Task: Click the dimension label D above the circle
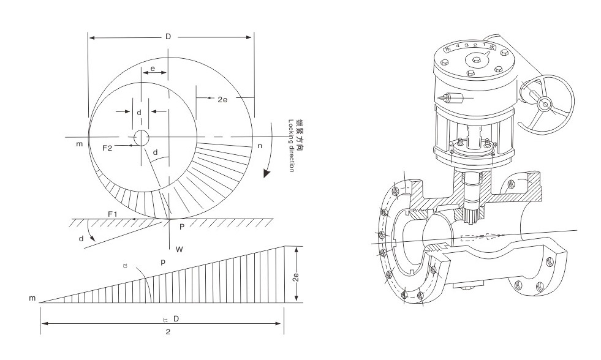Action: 168,37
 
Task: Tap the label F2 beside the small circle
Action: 107,148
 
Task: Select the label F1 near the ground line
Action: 112,214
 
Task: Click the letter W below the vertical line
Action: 180,249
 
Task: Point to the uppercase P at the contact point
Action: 182,227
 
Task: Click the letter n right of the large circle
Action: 260,146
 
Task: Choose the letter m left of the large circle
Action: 80,144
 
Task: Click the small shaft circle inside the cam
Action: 141,138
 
